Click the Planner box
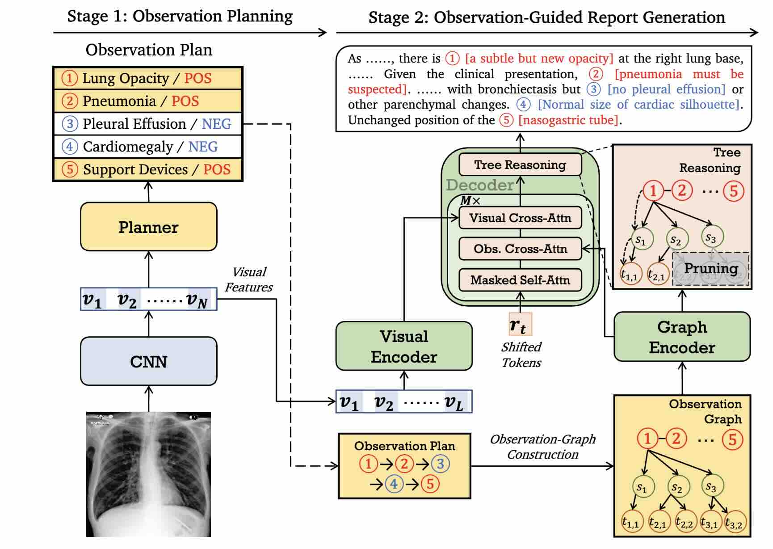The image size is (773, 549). click(x=148, y=227)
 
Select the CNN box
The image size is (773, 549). click(x=148, y=361)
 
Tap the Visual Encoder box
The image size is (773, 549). click(x=404, y=346)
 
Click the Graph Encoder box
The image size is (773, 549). click(x=682, y=337)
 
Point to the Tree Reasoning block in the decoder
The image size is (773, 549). click(x=520, y=165)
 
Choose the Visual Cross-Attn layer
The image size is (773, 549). click(x=520, y=218)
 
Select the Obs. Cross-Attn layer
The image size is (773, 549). click(x=520, y=249)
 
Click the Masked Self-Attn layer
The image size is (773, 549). click(x=520, y=280)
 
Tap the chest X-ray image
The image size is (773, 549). click(x=148, y=474)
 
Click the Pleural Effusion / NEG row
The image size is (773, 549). click(x=148, y=124)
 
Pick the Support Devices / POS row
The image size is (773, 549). click(x=148, y=169)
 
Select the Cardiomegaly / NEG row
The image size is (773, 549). click(x=148, y=147)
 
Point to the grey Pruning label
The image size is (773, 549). click(x=711, y=268)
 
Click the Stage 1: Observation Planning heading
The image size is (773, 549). click(x=180, y=17)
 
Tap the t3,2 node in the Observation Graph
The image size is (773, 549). click(x=734, y=523)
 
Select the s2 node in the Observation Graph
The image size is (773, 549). click(x=677, y=486)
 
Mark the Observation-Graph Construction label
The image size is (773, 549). click(x=542, y=447)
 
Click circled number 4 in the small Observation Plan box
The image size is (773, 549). click(x=394, y=484)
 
